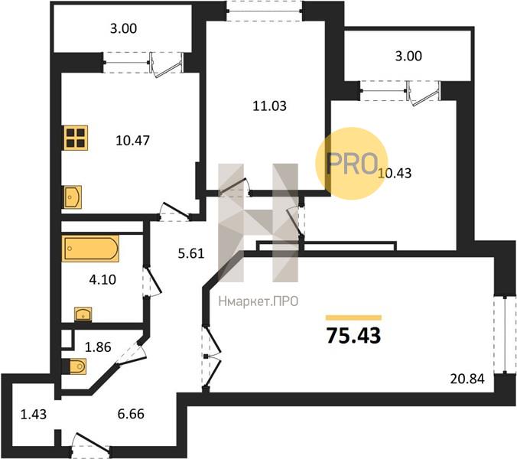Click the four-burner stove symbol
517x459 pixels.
point(76,138)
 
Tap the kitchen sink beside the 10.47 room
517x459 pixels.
point(73,197)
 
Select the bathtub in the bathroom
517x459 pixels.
point(90,249)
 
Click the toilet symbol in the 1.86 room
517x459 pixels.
point(76,366)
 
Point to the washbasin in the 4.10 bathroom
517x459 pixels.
point(83,314)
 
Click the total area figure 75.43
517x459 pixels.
point(353,336)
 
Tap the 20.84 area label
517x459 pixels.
point(467,379)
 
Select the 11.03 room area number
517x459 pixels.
point(269,106)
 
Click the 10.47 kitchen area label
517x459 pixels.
point(132,141)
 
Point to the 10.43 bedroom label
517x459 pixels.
point(395,173)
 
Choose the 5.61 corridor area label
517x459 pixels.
point(191,253)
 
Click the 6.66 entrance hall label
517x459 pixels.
point(131,414)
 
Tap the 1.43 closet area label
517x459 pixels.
point(34,414)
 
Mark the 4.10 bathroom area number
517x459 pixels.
point(102,280)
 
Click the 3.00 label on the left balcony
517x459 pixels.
point(123,28)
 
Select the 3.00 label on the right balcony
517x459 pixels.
point(408,56)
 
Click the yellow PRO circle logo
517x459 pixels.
point(352,164)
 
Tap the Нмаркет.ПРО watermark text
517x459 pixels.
point(258,301)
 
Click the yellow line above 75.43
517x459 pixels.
point(353,318)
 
